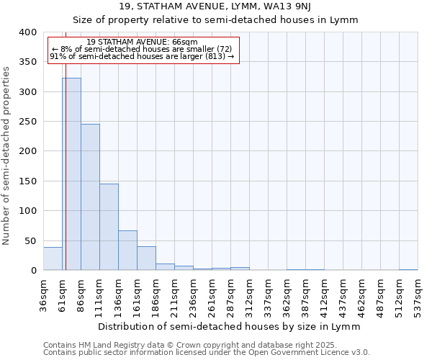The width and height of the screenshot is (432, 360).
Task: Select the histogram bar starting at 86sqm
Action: click(x=90, y=197)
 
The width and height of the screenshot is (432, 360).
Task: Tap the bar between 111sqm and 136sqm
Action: click(x=109, y=227)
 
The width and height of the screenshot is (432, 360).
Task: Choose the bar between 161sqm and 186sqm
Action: click(x=146, y=258)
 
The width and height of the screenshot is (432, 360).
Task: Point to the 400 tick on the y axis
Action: click(x=27, y=32)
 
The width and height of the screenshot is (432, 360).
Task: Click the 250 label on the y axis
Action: click(x=27, y=122)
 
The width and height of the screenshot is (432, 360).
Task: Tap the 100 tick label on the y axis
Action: click(x=27, y=212)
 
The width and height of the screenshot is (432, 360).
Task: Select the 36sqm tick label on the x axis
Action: click(x=44, y=295)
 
